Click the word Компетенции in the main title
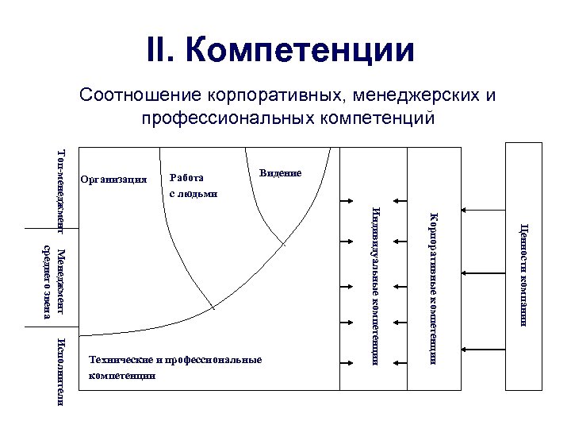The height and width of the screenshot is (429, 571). pos(301,50)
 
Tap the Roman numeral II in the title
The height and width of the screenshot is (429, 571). pos(163,50)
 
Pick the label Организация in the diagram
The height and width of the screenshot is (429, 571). pos(114,179)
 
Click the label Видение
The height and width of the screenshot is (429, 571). pos(280,172)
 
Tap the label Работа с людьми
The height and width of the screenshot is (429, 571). pos(193,185)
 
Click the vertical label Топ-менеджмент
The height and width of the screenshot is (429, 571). pos(62,187)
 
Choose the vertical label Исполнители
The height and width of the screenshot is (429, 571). pos(62,370)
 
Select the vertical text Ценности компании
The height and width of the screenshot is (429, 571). pos(524,275)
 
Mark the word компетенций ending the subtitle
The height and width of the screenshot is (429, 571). pos(385,118)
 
